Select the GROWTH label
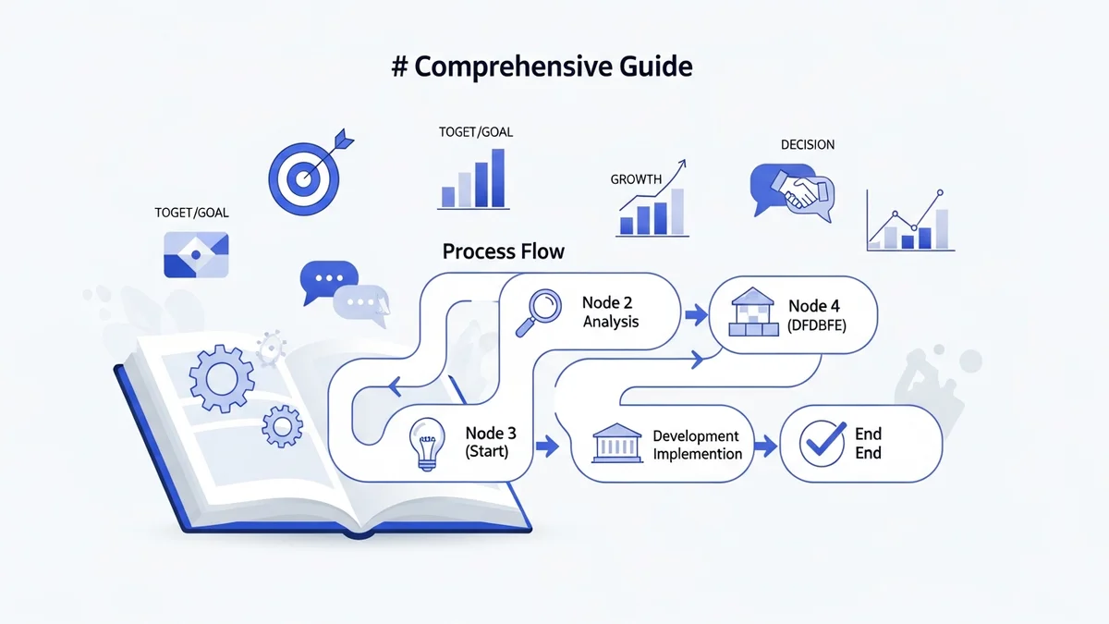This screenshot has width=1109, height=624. [636, 179]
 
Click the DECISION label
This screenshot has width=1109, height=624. [807, 144]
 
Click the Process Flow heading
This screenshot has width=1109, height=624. [503, 251]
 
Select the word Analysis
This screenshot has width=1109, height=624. [611, 323]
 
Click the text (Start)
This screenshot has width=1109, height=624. [486, 452]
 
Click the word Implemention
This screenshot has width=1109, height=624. [697, 454]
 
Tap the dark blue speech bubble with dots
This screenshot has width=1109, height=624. [327, 279]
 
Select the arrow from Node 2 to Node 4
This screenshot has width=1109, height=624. [692, 315]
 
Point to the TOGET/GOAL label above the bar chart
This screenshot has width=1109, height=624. [475, 132]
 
